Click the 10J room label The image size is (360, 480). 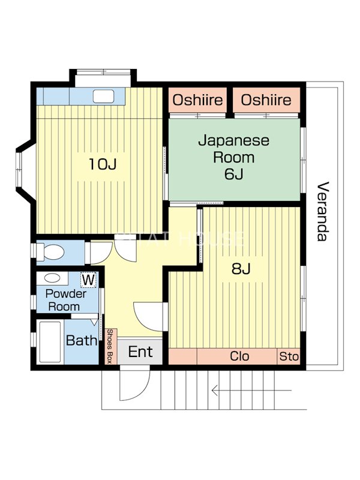click(102, 164)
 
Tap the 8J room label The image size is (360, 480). click(241, 269)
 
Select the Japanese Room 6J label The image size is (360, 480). click(234, 158)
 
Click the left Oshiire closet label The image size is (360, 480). click(198, 100)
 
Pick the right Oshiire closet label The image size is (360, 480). click(266, 100)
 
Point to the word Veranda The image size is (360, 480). click(323, 211)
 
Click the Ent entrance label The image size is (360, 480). click(140, 352)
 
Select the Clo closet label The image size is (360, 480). click(240, 356)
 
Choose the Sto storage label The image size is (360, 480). click(289, 356)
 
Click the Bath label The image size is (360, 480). click(82, 341)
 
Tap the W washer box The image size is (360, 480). click(88, 280)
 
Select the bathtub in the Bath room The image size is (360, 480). click(49, 341)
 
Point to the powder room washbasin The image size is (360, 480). click(52, 278)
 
